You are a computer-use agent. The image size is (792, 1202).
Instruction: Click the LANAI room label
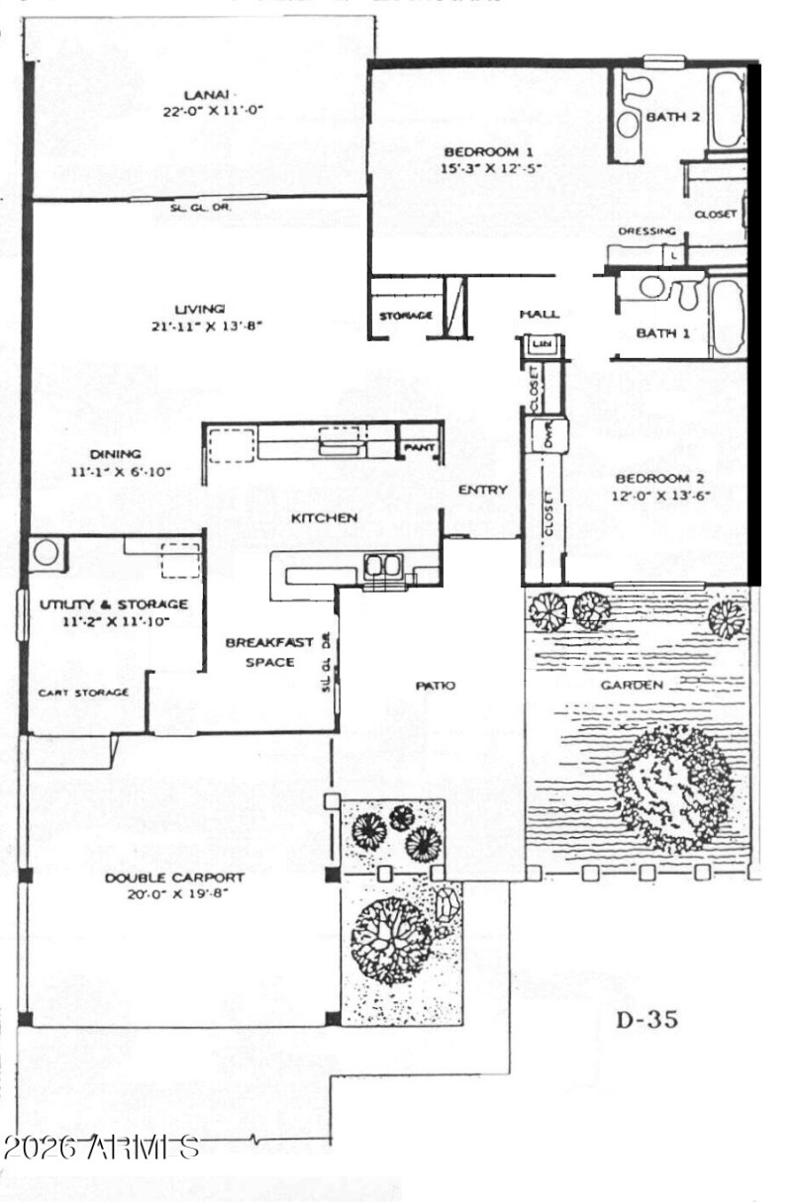pyautogui.click(x=199, y=94)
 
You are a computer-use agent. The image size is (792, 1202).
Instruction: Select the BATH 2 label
pyautogui.click(x=673, y=117)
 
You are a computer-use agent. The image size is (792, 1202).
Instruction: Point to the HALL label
pyautogui.click(x=540, y=315)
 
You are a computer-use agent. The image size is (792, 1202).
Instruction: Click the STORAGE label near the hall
pyautogui.click(x=406, y=316)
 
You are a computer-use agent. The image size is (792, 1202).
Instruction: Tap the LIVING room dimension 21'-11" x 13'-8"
pyautogui.click(x=199, y=325)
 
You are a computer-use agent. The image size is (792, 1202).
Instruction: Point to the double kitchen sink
pyautogui.click(x=381, y=566)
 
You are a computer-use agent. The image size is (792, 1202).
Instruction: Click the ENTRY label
pyautogui.click(x=483, y=490)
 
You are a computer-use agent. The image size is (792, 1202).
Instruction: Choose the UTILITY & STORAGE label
pyautogui.click(x=114, y=603)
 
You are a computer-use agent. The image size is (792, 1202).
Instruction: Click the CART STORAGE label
pyautogui.click(x=83, y=693)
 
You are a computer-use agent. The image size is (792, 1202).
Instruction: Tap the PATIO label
pyautogui.click(x=435, y=686)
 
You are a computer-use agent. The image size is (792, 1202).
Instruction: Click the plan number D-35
pyautogui.click(x=647, y=1020)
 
